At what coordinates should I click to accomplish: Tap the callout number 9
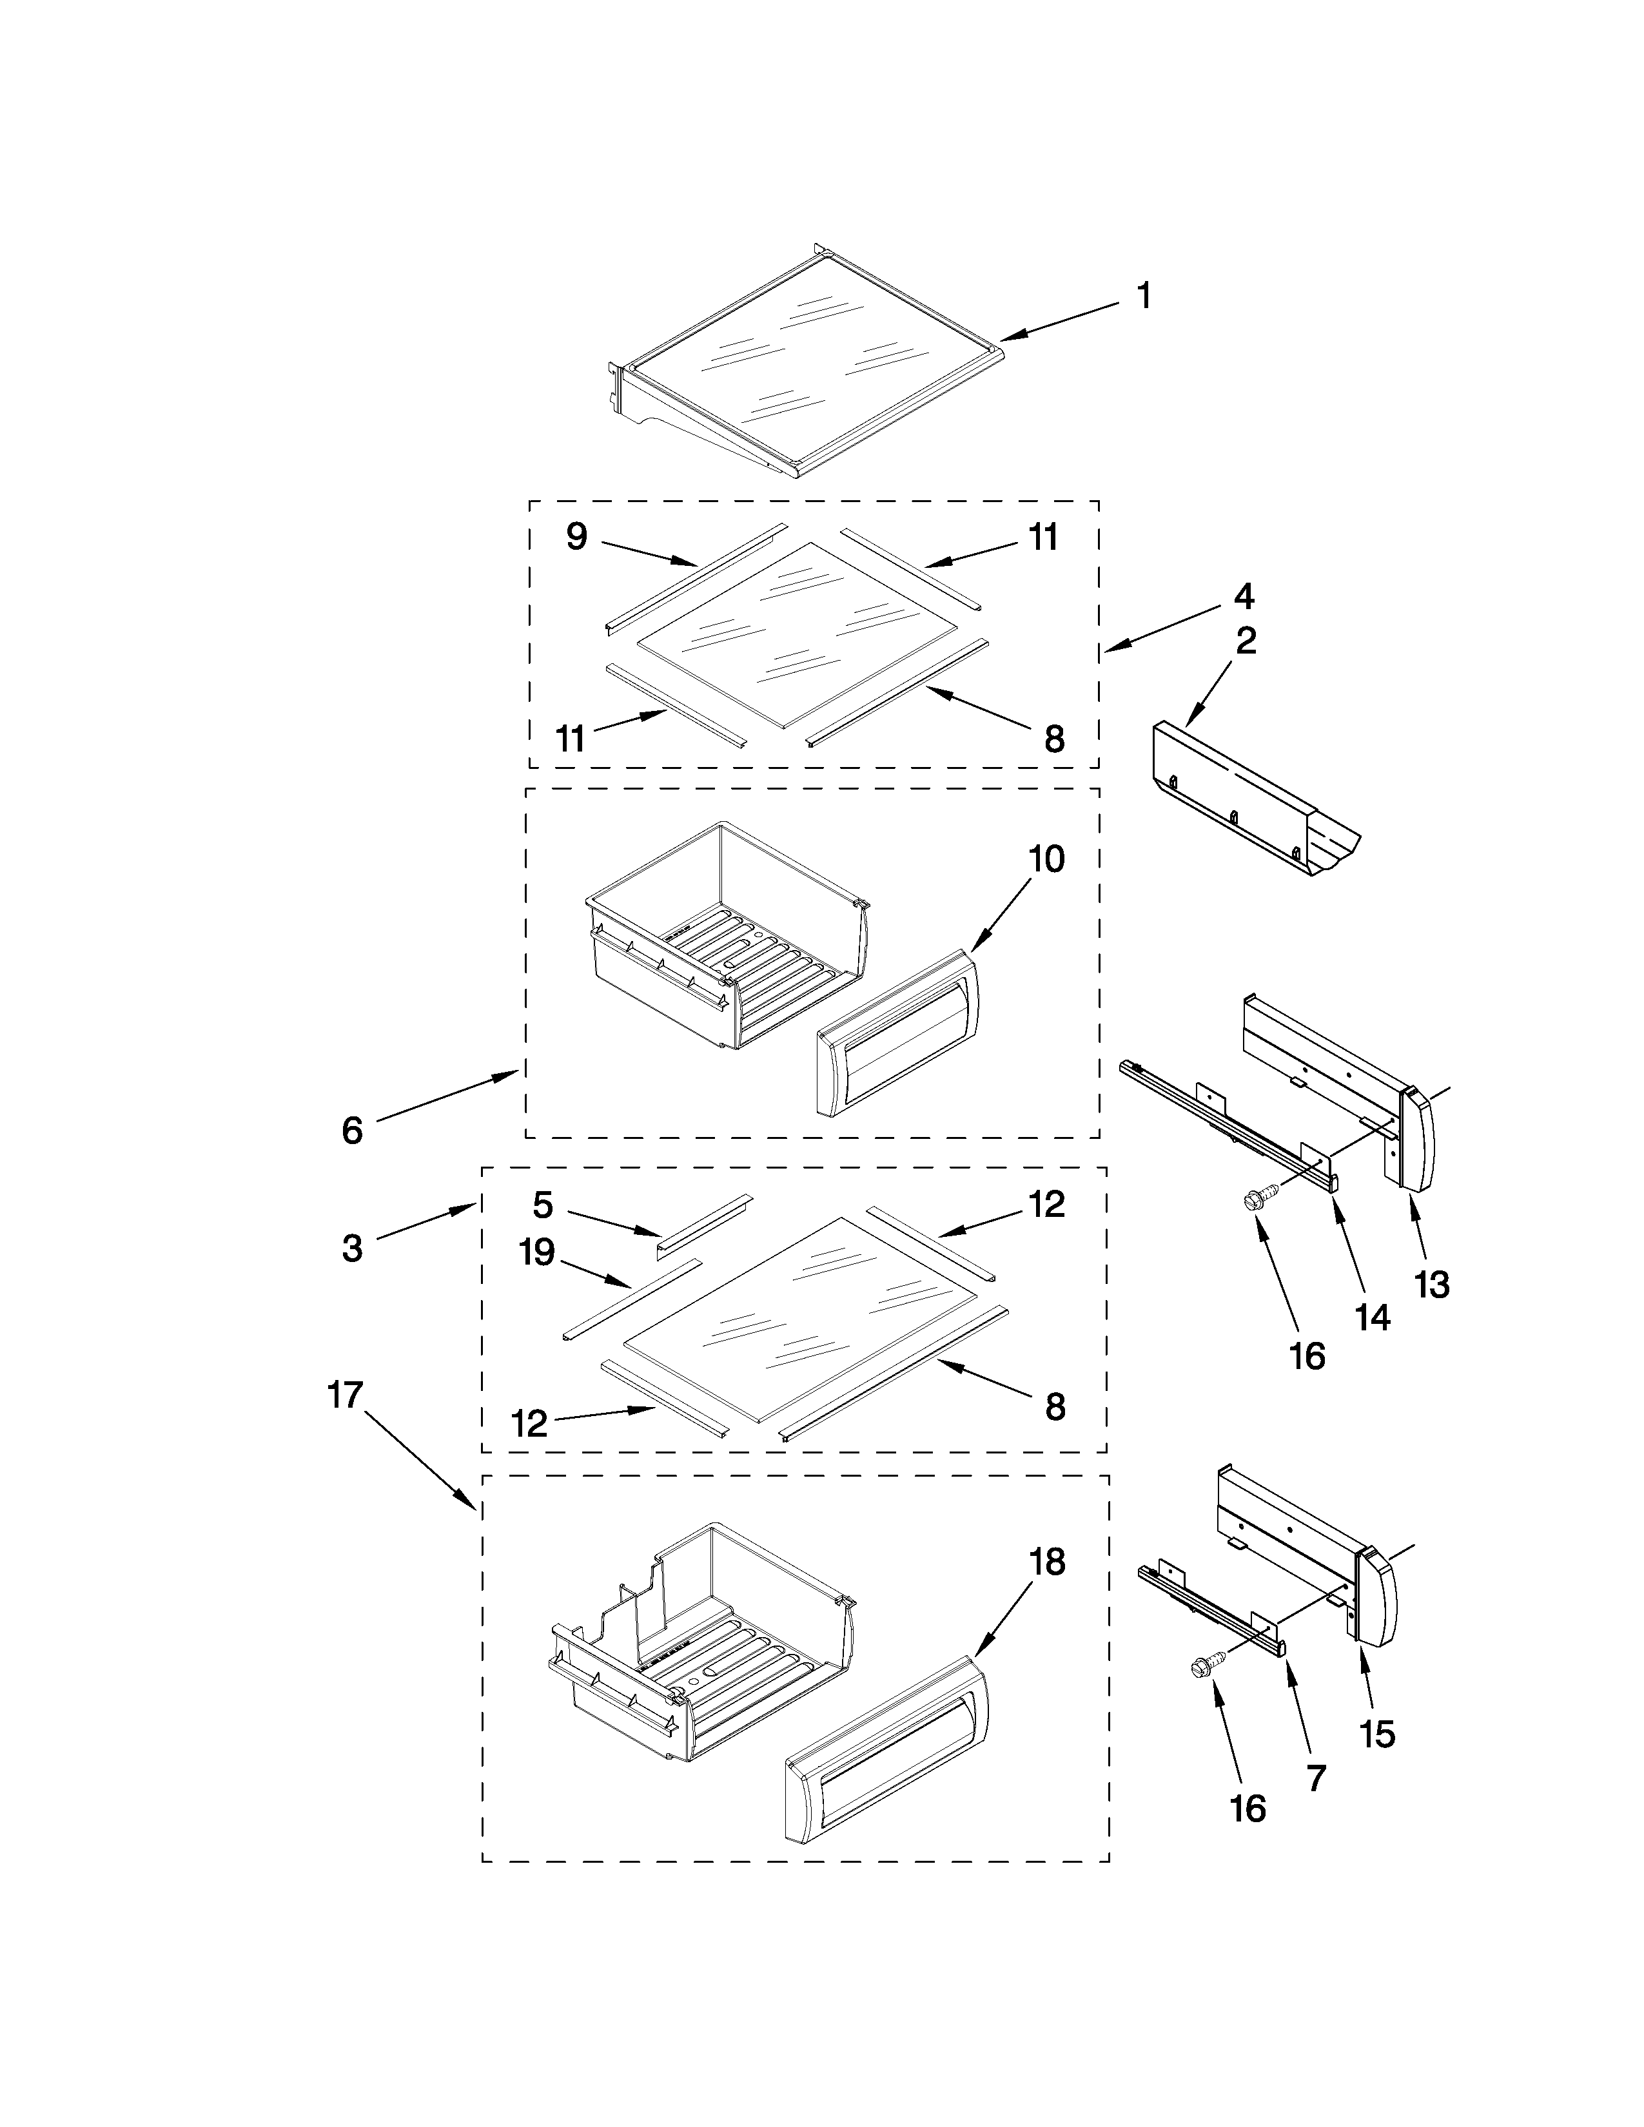tap(576, 537)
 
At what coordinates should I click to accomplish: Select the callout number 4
tap(1244, 596)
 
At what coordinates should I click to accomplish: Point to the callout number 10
tap(1047, 860)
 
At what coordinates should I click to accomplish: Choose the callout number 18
tap(1048, 1563)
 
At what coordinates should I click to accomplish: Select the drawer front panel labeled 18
tap(886, 1753)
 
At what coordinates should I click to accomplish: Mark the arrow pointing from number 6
tap(448, 1096)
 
